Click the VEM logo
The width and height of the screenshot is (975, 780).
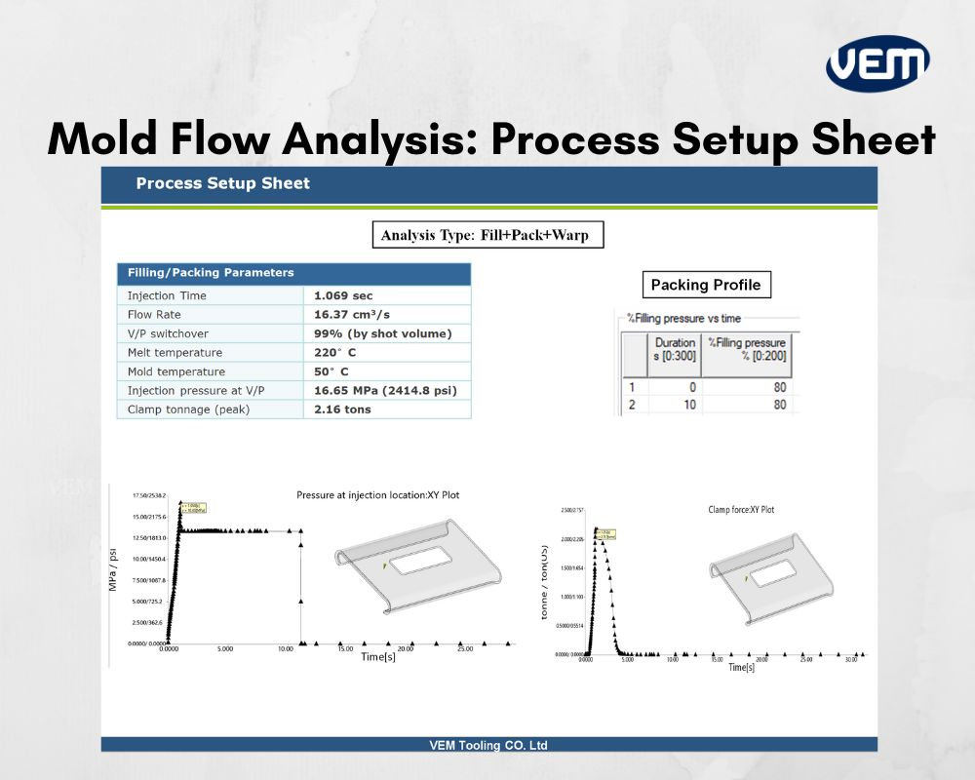877,64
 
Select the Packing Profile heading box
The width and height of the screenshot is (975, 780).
706,285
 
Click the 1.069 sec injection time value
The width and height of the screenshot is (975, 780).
343,295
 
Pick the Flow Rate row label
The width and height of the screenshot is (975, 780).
154,315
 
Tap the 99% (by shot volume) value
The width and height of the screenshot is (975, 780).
382,333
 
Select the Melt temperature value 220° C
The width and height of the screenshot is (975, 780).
335,353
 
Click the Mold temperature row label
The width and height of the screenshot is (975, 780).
175,371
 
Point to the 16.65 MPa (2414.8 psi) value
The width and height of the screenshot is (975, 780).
385,391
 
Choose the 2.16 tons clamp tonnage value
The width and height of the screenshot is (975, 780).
342,409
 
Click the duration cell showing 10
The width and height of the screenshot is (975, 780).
689,405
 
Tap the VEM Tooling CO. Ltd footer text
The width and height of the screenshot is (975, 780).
488,745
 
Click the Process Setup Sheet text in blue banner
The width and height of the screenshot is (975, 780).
222,183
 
